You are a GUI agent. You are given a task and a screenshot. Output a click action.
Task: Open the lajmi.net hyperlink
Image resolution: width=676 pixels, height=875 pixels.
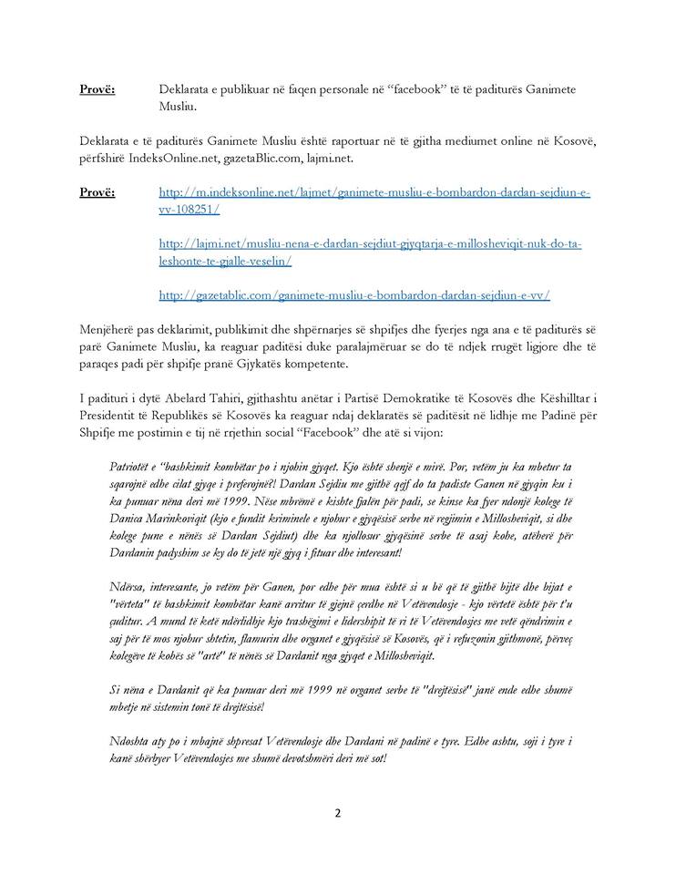[370, 244]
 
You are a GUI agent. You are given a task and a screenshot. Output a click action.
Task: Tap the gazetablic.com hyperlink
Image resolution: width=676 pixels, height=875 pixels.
[353, 295]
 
